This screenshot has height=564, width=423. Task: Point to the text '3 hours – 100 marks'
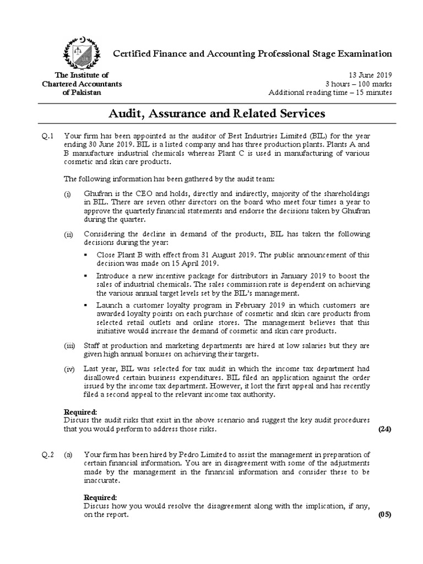[359, 84]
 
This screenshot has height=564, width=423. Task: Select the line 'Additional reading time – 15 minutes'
[330, 93]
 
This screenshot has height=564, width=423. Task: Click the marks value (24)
[384, 429]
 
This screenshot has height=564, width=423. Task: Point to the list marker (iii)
[70, 345]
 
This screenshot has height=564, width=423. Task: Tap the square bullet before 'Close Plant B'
[85, 256]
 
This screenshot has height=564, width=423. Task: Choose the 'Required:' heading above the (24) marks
[81, 411]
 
